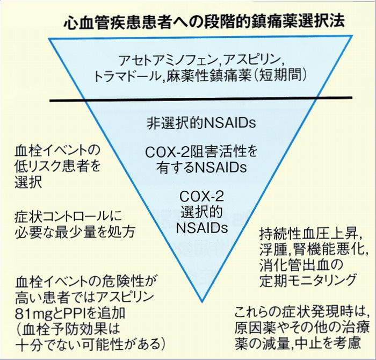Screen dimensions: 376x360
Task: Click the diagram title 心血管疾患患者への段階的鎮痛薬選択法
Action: tap(203, 21)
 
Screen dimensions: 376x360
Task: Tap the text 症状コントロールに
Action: tap(68, 216)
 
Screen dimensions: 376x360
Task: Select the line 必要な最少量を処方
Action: tap(75, 232)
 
